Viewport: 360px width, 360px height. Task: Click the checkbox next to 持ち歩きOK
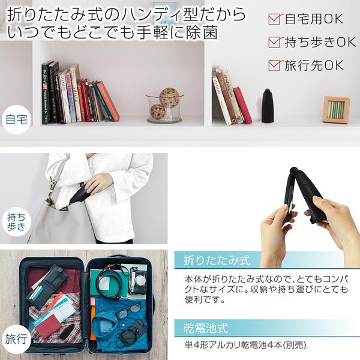pyautogui.click(x=275, y=42)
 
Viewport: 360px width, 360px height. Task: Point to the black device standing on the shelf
pyautogui.click(x=266, y=106)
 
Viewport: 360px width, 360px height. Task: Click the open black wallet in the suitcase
pyautogui.click(x=49, y=284)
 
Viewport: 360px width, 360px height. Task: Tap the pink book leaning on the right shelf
pyautogui.click(x=242, y=105)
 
